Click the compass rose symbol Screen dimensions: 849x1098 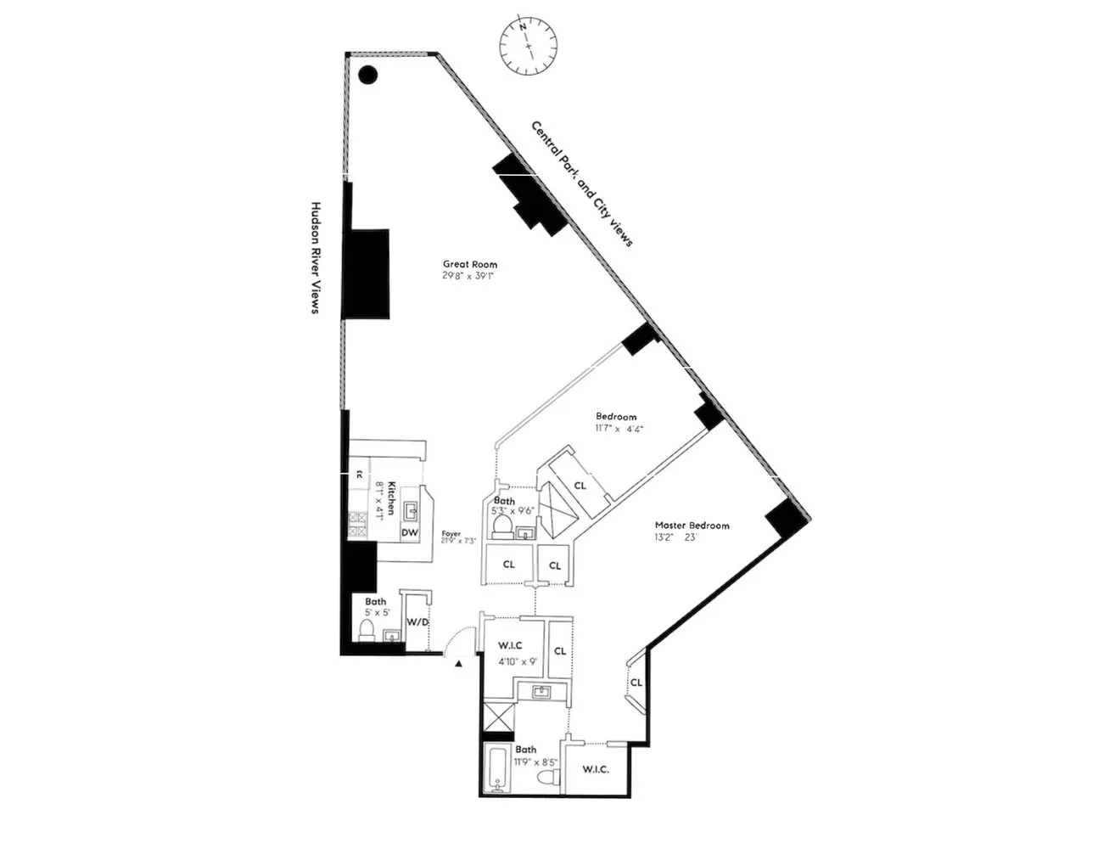(528, 46)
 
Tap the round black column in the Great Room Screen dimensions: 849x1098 (367, 75)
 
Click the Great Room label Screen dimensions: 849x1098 (470, 264)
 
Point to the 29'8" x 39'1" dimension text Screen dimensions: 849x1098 (468, 276)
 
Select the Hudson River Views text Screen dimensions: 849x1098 (314, 258)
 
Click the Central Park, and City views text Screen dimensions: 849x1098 (582, 183)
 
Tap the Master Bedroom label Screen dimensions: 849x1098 (692, 526)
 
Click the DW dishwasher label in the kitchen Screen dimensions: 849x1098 (410, 532)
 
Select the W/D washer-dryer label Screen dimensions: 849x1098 (417, 622)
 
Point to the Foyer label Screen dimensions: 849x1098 (451, 534)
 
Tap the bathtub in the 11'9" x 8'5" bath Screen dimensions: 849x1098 (497, 769)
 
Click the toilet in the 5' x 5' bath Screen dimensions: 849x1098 (367, 629)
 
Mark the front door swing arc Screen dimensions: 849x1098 (458, 637)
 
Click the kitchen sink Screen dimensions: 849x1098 (411, 510)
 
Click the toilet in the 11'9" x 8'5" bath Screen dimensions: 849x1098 (549, 778)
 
